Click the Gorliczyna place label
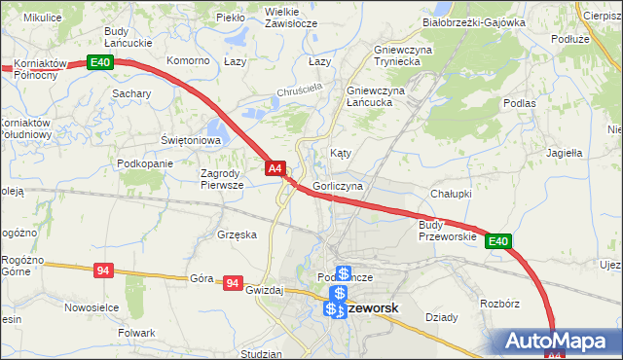pyautogui.click(x=339, y=185)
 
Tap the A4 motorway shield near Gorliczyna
pyautogui.click(x=275, y=168)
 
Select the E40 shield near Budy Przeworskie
pyautogui.click(x=497, y=241)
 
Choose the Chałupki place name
pyautogui.click(x=451, y=195)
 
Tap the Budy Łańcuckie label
pyautogui.click(x=130, y=37)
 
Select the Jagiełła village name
pyautogui.click(x=565, y=153)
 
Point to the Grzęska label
pyautogui.click(x=238, y=234)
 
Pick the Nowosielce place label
pyautogui.click(x=91, y=306)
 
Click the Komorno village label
pyautogui.click(x=189, y=60)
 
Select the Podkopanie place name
pyautogui.click(x=144, y=163)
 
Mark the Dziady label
pyautogui.click(x=442, y=317)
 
